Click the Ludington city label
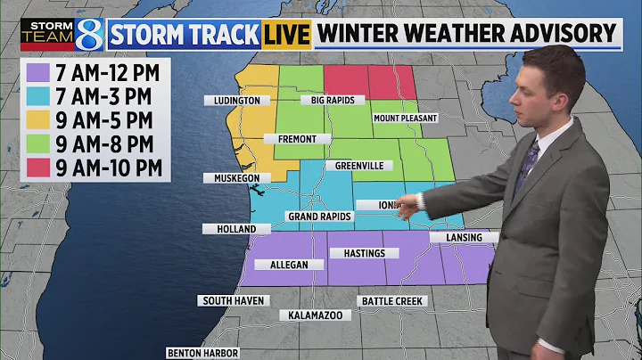(236, 101)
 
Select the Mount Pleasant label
(405, 119)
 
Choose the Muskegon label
(235, 178)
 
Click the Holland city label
(235, 229)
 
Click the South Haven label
(233, 301)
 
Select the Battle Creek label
(391, 301)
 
